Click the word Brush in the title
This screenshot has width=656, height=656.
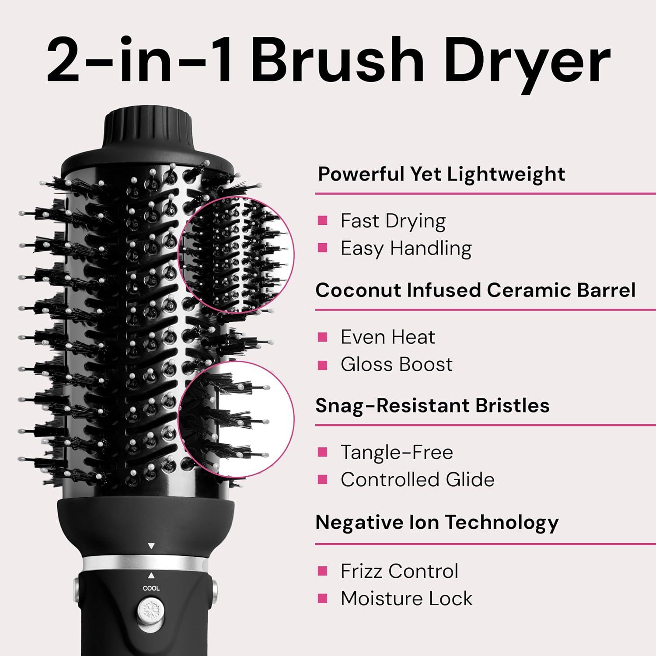point(337,59)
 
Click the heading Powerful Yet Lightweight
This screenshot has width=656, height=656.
point(441,174)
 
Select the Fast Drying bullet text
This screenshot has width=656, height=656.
point(393,221)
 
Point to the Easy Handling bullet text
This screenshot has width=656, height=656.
point(406,248)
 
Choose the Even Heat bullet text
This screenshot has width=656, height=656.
point(387,337)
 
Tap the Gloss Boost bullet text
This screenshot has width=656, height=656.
point(396,364)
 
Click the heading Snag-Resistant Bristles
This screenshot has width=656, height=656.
point(432,405)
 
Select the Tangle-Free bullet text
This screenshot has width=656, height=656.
point(397,452)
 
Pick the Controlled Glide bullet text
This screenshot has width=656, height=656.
point(417,480)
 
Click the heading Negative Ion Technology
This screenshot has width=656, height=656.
point(437,522)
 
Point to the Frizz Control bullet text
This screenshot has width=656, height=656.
point(399,571)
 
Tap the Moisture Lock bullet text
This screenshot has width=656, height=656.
point(406,599)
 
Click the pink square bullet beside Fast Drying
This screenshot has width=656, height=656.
point(323,220)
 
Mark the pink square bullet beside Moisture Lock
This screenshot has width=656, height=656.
point(323,598)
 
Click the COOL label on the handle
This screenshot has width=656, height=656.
point(151,588)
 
